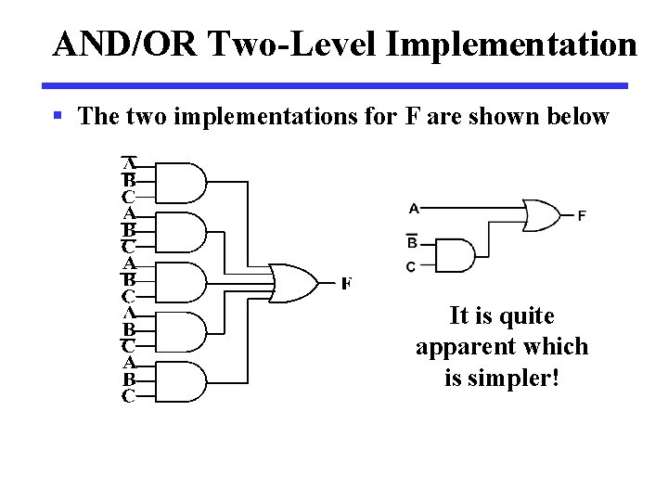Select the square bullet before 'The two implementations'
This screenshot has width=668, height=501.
click(x=58, y=116)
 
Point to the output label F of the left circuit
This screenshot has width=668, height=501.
click(x=346, y=283)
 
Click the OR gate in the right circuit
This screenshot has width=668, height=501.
click(x=540, y=214)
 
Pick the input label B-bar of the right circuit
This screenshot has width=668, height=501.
click(x=412, y=242)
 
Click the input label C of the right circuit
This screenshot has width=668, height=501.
click(x=411, y=267)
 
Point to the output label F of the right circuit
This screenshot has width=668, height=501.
click(x=582, y=216)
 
